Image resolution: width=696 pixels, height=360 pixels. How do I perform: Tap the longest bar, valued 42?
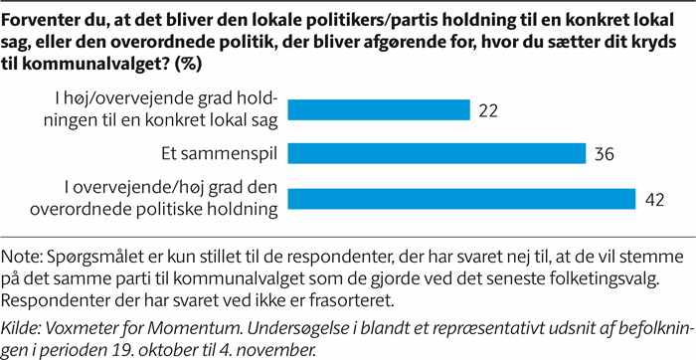pyautogui.click(x=466, y=199)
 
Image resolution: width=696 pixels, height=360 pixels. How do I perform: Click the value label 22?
pyautogui.click(x=487, y=109)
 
